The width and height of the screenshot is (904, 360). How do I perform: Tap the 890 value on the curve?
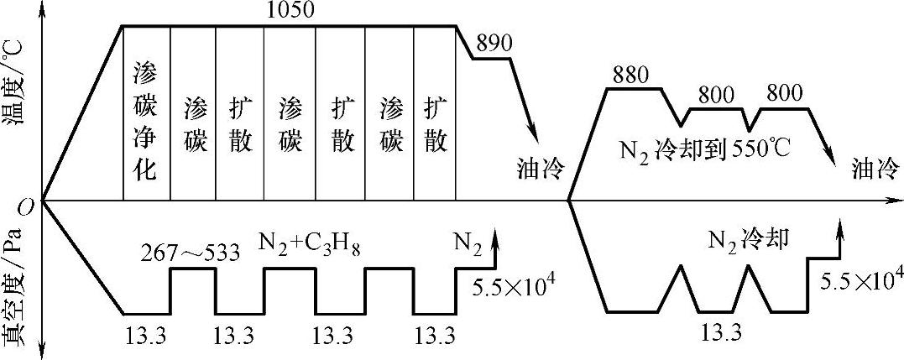click(x=492, y=44)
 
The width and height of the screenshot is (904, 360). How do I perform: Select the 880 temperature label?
click(x=631, y=73)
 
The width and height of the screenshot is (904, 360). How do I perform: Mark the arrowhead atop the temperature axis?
click(x=41, y=7)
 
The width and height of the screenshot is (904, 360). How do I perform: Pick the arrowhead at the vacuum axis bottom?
click(x=41, y=352)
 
